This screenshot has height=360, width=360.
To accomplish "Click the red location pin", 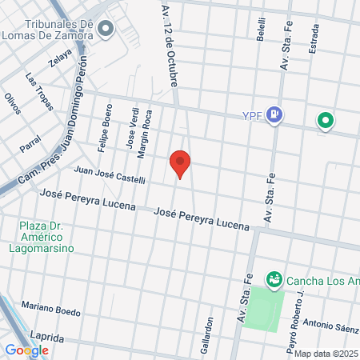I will [x=181, y=162].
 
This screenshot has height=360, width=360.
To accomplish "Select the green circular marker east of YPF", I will [x=325, y=122].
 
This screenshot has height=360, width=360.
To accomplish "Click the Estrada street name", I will [x=315, y=38].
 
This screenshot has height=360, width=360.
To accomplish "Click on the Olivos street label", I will [x=11, y=104].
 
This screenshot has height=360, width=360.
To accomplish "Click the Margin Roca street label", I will [x=146, y=128].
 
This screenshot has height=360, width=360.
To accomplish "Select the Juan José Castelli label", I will [x=109, y=174].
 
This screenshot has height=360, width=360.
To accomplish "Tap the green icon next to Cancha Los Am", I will [x=274, y=278].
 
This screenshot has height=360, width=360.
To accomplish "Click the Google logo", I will [x=26, y=350].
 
